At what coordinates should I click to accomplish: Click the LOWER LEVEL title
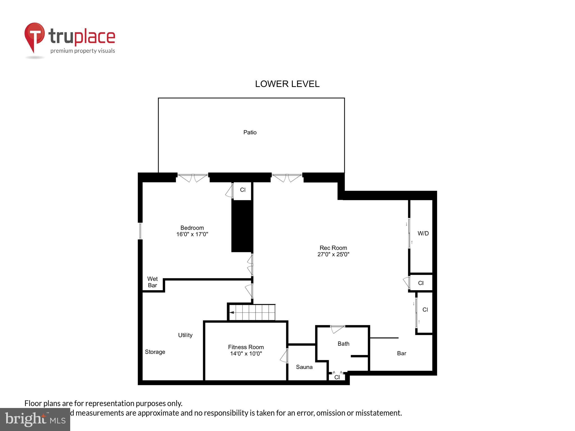coord(287,84)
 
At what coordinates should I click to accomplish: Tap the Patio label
coord(250,132)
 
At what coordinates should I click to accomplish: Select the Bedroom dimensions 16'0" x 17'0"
coord(192,234)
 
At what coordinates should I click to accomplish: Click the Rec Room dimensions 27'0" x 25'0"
coord(333,255)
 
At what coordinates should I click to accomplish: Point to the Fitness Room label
coord(246,347)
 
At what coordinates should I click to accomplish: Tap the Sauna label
coord(304,367)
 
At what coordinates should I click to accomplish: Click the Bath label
coord(343,344)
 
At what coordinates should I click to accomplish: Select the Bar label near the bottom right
coord(401,353)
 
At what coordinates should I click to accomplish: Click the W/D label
coord(423,233)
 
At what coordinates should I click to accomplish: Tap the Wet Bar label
coord(152,282)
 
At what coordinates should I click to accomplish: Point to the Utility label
coord(185,335)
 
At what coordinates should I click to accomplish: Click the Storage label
coord(155,352)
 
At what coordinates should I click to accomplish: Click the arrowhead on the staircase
coord(232,312)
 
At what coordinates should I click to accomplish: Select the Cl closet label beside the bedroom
coord(243,190)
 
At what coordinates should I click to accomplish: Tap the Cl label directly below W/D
coord(421,283)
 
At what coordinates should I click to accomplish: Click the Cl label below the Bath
coord(337,377)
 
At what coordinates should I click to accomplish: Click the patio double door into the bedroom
coord(193,177)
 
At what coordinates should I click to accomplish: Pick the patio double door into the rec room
coord(287,177)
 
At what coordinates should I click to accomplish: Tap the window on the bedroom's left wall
coord(140,231)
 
